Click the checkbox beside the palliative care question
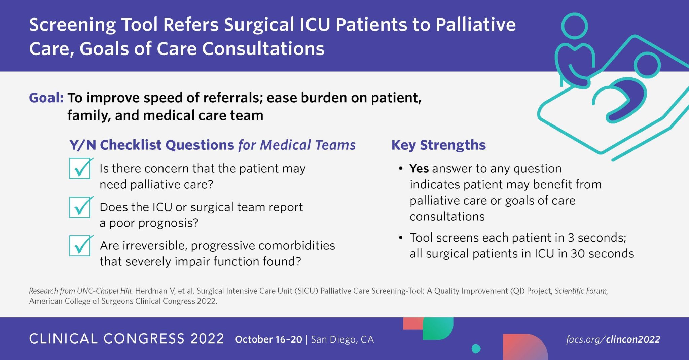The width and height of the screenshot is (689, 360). [x=80, y=169]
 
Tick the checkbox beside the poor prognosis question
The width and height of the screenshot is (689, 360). [x=80, y=207]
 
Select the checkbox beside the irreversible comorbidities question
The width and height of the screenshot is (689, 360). [x=80, y=246]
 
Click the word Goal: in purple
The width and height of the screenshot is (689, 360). [x=46, y=98]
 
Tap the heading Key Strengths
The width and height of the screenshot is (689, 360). [x=438, y=145]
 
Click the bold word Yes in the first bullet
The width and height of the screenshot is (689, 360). [x=419, y=168]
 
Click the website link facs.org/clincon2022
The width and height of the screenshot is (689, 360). [x=613, y=339]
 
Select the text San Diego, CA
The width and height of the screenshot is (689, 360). [x=342, y=340]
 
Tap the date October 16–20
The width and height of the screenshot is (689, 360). [x=268, y=339]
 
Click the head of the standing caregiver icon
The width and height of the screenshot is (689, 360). [x=575, y=26]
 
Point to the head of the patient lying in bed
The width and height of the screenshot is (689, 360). [x=647, y=65]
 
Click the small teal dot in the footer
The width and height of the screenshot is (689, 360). [x=476, y=349]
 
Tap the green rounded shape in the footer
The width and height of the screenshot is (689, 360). [x=438, y=328]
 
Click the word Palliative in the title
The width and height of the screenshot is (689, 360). [x=476, y=25]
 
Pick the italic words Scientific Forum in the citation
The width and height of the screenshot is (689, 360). [x=581, y=291]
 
